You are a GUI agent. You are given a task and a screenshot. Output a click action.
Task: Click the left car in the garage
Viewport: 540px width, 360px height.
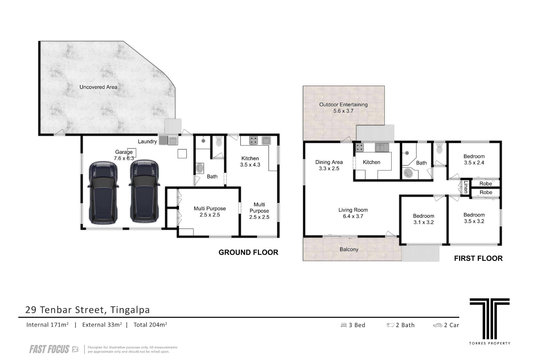[x=103, y=193]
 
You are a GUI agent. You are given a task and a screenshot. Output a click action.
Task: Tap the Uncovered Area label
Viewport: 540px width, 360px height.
[x=98, y=87]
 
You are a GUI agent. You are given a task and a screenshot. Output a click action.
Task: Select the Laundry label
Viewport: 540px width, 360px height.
[x=147, y=141]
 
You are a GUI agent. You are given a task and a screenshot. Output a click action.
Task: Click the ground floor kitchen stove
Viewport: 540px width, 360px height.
[x=254, y=140]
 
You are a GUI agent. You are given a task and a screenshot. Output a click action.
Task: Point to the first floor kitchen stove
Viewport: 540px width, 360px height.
[x=359, y=147]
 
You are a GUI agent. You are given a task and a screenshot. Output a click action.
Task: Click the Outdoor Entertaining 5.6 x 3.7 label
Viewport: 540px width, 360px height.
[x=343, y=108]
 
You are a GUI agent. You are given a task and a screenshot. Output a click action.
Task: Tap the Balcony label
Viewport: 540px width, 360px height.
[x=349, y=249]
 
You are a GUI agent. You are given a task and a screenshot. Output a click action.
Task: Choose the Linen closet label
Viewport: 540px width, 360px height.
[x=466, y=187]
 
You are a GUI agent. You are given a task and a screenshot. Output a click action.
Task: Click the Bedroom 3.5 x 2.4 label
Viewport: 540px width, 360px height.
[x=474, y=159]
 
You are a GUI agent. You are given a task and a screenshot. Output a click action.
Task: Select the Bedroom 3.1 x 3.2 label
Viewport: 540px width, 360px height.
[x=424, y=219]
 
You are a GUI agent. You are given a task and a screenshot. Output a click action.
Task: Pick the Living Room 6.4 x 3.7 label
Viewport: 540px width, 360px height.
[x=353, y=213]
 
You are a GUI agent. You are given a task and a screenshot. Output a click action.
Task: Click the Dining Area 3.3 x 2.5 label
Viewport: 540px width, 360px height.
[x=329, y=165]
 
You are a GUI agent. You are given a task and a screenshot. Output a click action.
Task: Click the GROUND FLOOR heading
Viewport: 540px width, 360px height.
[x=248, y=253]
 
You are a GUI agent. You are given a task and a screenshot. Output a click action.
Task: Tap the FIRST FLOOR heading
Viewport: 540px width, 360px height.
[x=478, y=258]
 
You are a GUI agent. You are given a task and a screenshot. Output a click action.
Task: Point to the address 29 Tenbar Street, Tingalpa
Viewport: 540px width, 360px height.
[x=87, y=310]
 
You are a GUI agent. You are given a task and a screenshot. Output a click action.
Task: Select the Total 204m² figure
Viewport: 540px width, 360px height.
[x=150, y=325]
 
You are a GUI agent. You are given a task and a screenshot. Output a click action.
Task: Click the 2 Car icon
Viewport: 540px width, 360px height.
[x=438, y=325]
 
